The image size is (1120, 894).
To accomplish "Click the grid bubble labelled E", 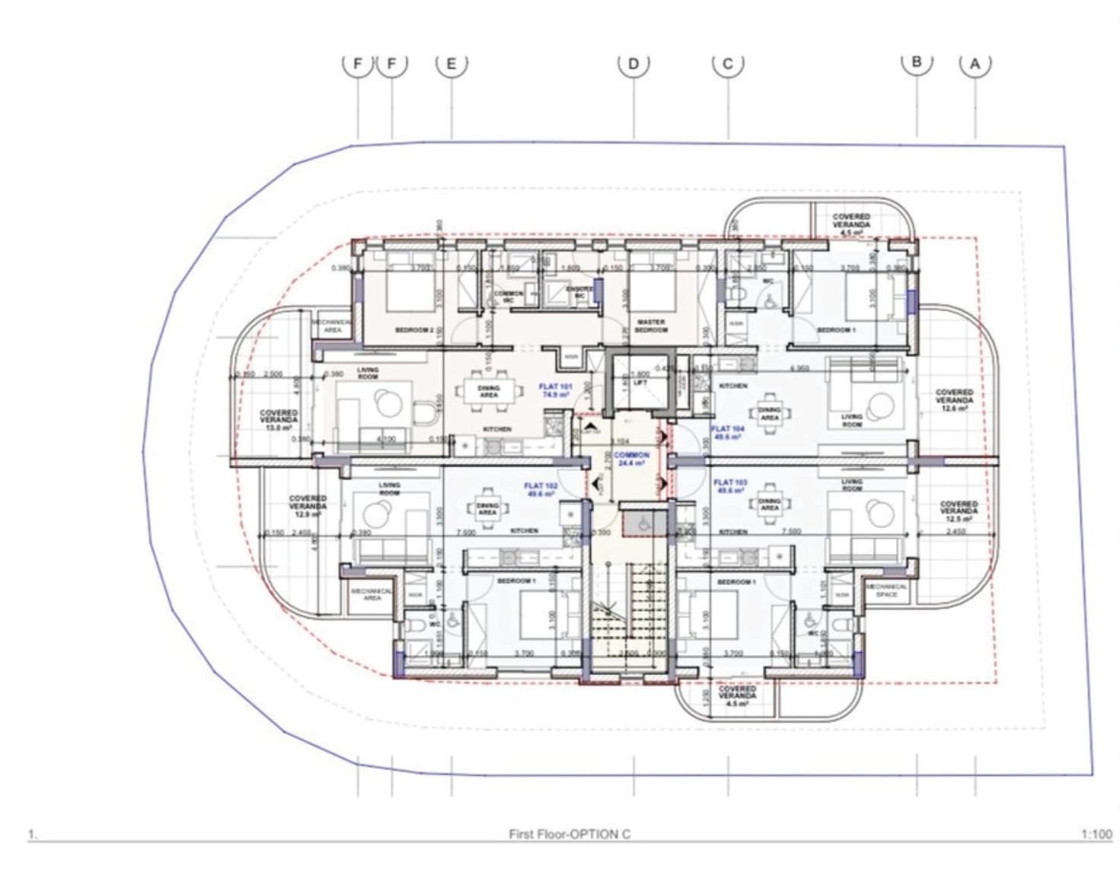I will pos(452,63).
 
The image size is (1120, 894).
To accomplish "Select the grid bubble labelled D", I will pos(633,63).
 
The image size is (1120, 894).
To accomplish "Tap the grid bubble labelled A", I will pos(975,64).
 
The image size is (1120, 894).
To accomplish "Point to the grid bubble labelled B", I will pos(917,62).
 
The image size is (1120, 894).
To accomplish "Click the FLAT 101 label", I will pos(555,391).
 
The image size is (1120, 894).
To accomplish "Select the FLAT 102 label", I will pos(541,489).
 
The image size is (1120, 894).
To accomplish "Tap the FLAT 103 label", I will pos(730,486).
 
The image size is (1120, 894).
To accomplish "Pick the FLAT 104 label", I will pos(728,433).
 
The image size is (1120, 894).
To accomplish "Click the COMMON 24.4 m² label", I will pos(631,459).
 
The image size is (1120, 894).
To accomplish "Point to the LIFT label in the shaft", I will pos(640,383).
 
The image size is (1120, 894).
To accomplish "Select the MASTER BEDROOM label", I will pos(651,326).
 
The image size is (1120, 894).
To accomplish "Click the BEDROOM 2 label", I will pos(414,330).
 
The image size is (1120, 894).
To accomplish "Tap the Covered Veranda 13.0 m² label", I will pos(279,420).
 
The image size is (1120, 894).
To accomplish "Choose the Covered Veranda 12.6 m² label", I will pos(954,400).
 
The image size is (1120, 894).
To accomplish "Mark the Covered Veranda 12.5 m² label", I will pos(959,511).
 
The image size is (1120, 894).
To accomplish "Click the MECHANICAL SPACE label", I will pos(886,590).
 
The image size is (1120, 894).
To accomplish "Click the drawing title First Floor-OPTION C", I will pos(570,834).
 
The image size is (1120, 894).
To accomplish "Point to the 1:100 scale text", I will pos(1096,835).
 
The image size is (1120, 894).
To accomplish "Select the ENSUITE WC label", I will pos(580,292).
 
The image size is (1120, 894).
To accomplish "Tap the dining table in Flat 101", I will pos(489,391).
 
